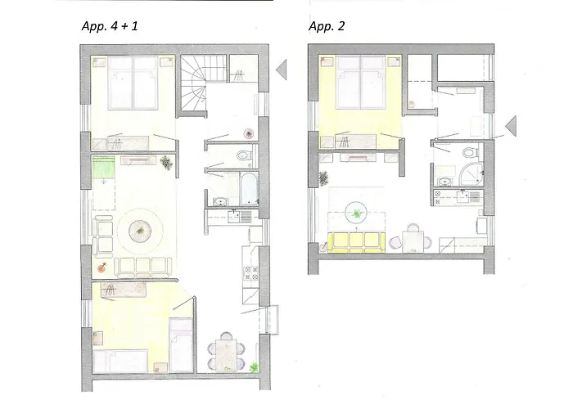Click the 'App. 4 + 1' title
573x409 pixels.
coord(110,26)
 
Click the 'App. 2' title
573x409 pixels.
coord(327,26)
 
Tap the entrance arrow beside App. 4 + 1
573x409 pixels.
coord(282,70)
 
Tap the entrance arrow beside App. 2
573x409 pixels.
coord(511,126)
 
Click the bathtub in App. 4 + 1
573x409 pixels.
coord(250,188)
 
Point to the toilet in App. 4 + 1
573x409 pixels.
coord(244,156)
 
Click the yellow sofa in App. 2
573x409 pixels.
coord(357,242)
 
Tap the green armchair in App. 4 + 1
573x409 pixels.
coord(104,167)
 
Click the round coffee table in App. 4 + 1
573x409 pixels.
coord(140,231)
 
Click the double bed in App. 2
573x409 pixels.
coord(361,82)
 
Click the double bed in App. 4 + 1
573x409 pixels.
coord(133,83)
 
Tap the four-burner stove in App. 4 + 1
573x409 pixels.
coord(251,272)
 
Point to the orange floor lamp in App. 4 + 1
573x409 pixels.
coord(102,267)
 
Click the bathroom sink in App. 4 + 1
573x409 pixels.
coord(220,201)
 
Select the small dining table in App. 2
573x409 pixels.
coord(413,241)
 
